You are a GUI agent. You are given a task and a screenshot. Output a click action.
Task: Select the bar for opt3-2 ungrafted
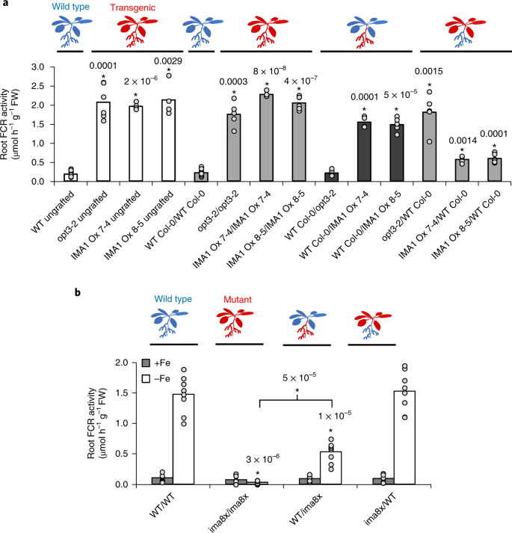coord(104,142)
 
